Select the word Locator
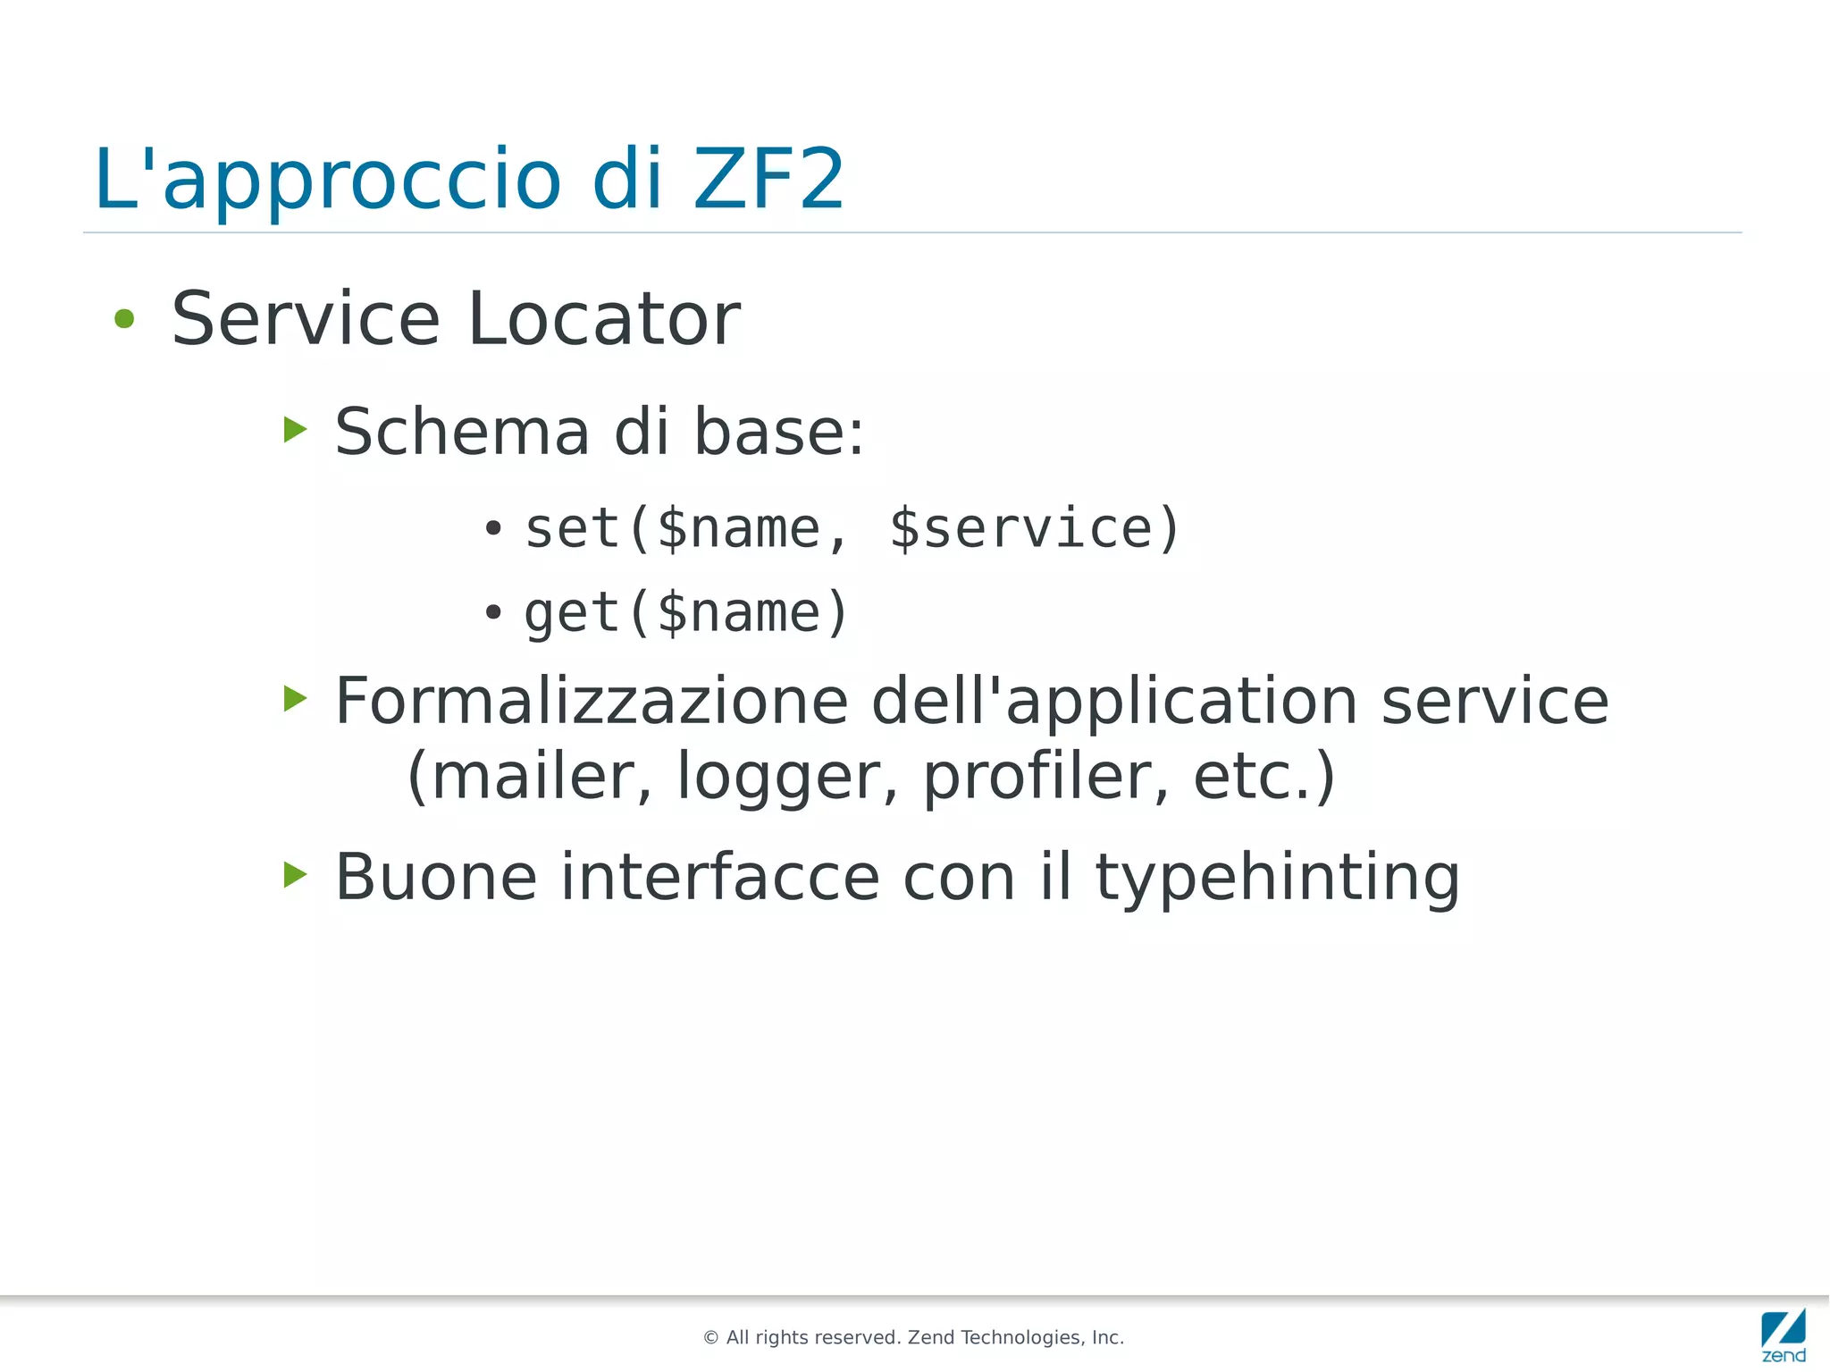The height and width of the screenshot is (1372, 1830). (x=604, y=319)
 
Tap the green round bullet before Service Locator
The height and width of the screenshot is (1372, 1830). (x=124, y=319)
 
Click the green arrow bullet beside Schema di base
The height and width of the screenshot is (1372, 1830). (x=295, y=430)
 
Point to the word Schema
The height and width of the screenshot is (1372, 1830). (x=462, y=432)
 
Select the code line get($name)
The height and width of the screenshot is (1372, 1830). (x=685, y=613)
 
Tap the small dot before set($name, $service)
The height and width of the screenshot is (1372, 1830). (x=493, y=528)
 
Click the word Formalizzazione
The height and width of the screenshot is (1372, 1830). (x=591, y=701)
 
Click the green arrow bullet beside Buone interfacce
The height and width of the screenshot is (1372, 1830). (x=295, y=875)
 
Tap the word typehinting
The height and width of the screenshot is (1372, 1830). (x=1277, y=877)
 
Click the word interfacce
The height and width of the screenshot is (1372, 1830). (x=720, y=877)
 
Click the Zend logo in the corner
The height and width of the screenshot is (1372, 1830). (x=1783, y=1334)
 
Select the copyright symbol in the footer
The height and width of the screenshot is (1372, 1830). (x=711, y=1338)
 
